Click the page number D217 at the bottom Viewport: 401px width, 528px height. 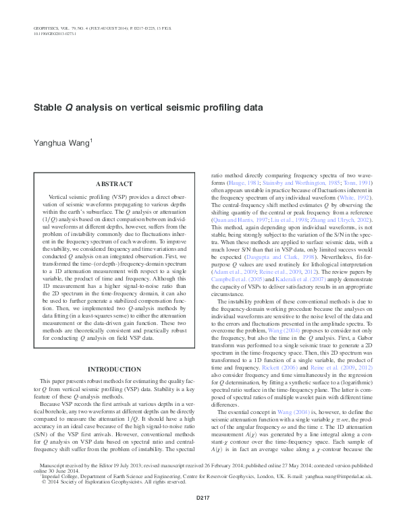coord(200,517)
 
